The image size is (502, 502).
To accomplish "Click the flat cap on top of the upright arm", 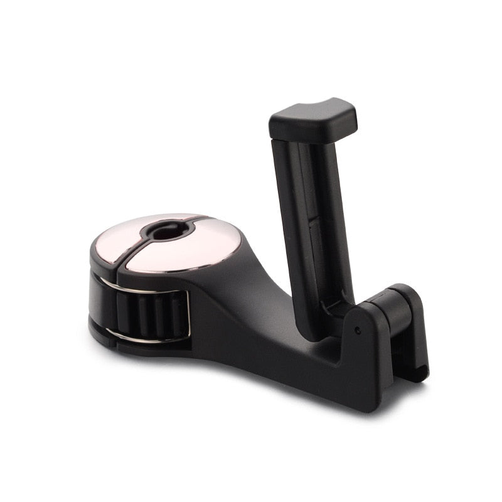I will (x=314, y=119).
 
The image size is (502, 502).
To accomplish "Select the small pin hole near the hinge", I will (x=357, y=329).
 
